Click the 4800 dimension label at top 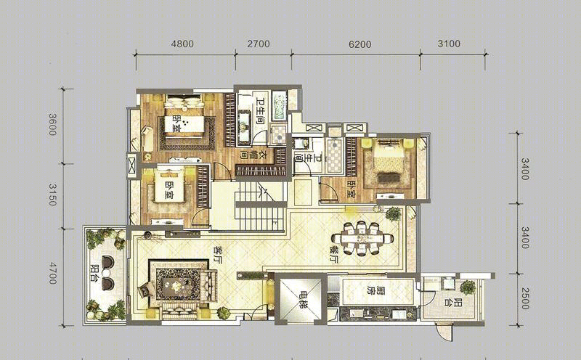(182, 44)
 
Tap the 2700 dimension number (259, 44)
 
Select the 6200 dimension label (360, 44)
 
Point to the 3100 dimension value (449, 44)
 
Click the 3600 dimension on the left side (52, 124)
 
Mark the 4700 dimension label (52, 273)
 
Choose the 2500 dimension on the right (524, 298)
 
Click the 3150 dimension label (52, 195)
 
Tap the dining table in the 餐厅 (362, 238)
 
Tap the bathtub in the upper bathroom (280, 105)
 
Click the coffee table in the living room (177, 284)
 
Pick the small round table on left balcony (106, 273)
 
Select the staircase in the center (261, 205)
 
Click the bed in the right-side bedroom (389, 160)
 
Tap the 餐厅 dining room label (335, 255)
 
